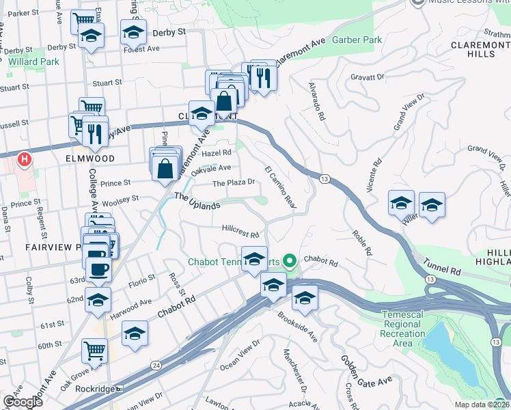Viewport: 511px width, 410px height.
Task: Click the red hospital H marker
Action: (25, 161)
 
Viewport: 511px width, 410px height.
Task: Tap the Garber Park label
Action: (357, 40)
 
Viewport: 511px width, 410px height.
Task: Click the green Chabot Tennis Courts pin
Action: (289, 260)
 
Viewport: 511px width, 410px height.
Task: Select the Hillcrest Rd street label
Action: (240, 230)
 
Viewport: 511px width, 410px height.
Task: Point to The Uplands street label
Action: (197, 201)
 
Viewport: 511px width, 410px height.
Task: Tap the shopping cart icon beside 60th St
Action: (94, 351)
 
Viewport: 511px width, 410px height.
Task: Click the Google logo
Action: (23, 402)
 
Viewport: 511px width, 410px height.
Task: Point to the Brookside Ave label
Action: (298, 328)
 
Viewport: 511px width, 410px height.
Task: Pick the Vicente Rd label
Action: (374, 176)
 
